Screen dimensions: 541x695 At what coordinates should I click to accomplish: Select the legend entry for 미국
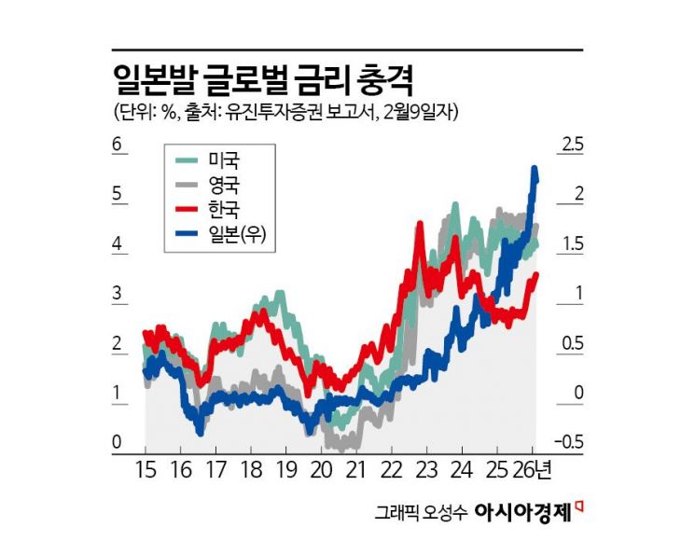pos(225,160)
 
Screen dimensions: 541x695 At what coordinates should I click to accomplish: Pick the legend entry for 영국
pos(225,184)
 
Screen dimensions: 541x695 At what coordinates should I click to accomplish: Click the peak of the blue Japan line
pos(535,169)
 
